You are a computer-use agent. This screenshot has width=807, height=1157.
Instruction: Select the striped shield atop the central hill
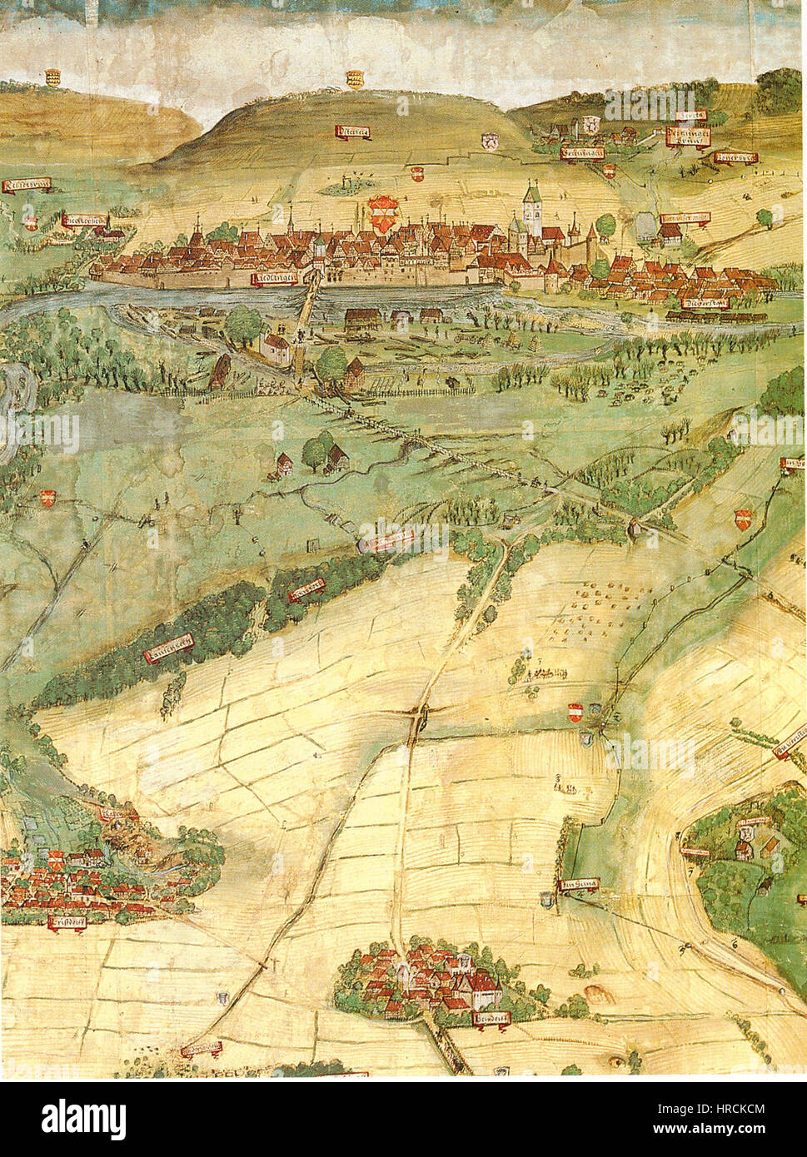point(355,79)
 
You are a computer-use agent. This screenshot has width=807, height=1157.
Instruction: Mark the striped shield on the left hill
point(52,77)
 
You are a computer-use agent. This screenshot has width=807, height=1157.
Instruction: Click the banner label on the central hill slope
point(353,132)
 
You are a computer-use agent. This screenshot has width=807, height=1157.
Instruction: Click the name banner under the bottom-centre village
point(491,1019)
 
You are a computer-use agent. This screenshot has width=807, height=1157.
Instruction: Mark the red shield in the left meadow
point(47,498)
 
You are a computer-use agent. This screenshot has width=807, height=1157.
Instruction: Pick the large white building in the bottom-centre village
point(484,988)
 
